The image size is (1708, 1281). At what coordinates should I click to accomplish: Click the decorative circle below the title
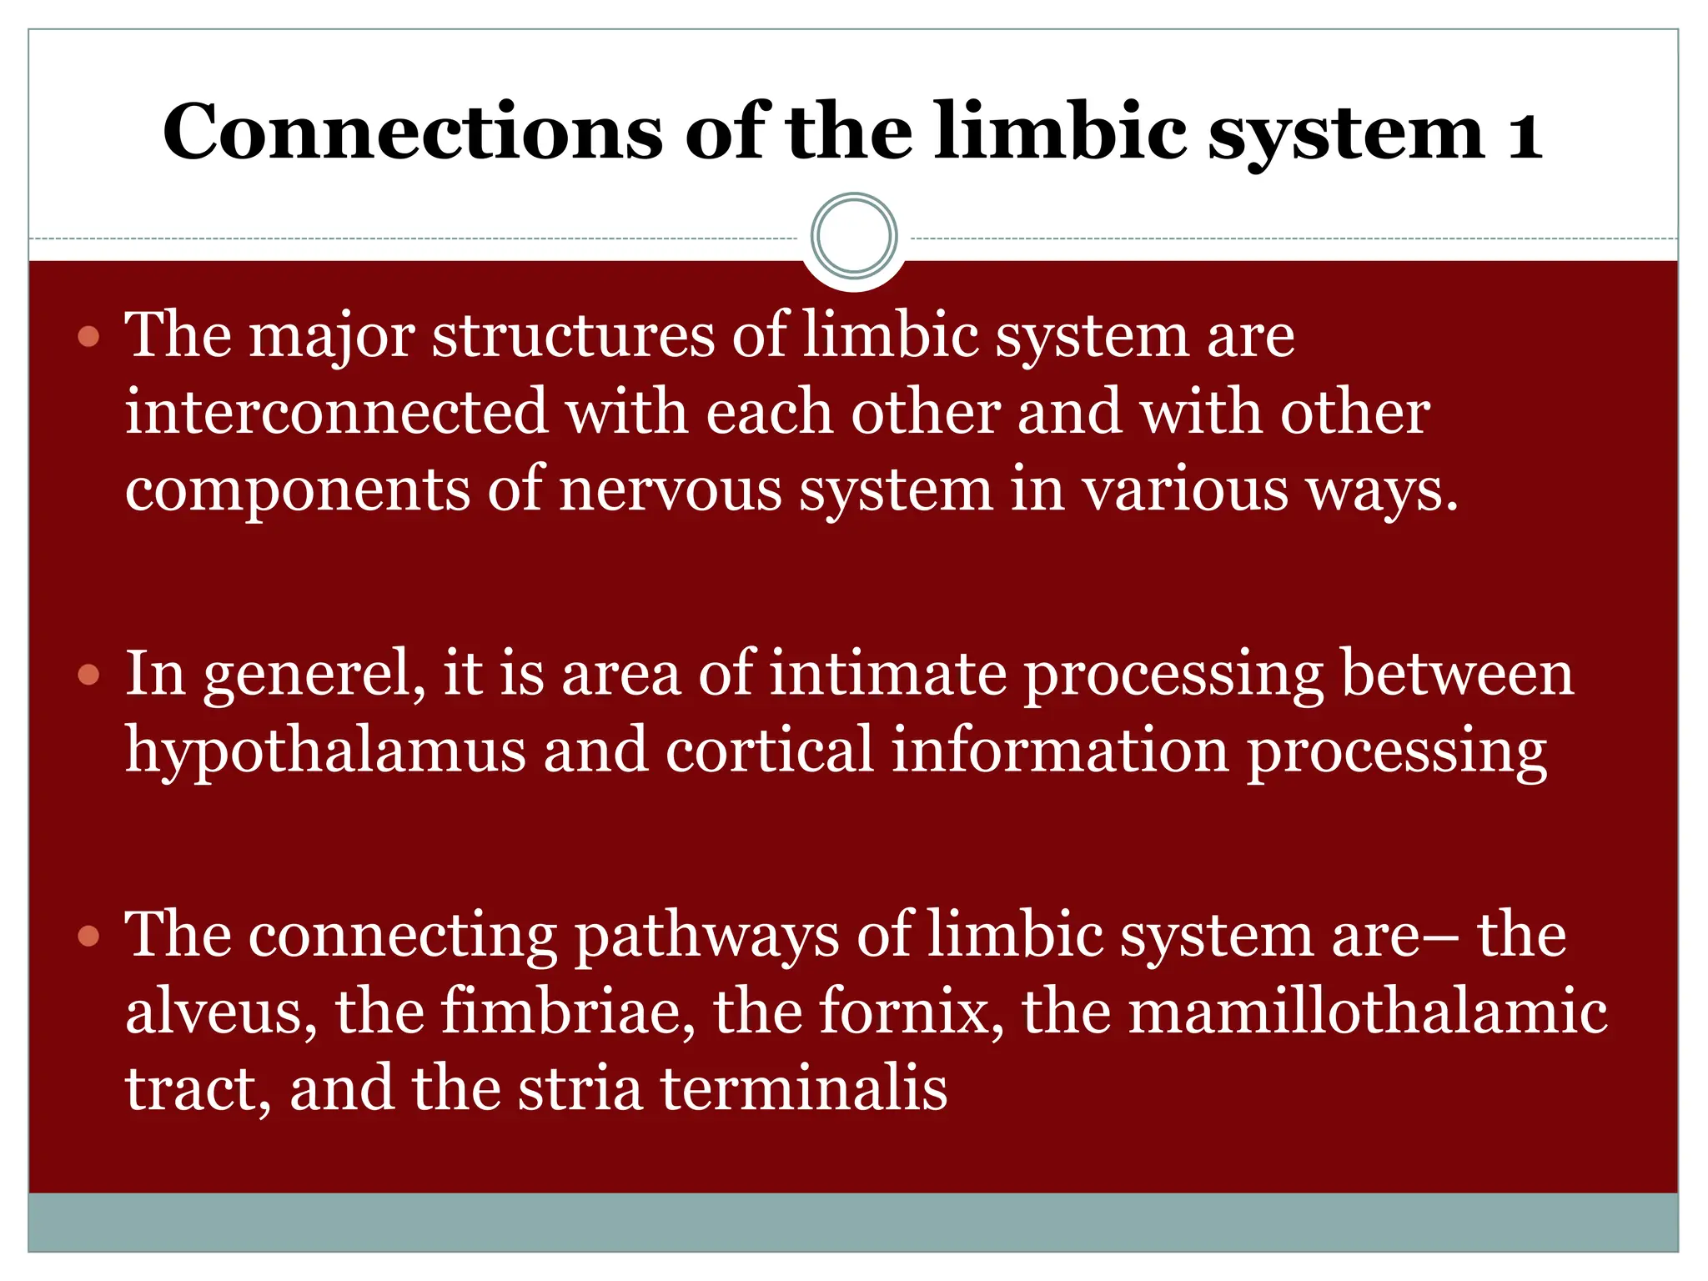(x=854, y=236)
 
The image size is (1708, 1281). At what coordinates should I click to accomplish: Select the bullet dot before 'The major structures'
(x=88, y=337)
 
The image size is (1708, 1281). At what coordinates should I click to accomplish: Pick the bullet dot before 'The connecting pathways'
(x=88, y=936)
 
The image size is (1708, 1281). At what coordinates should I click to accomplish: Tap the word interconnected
(x=336, y=413)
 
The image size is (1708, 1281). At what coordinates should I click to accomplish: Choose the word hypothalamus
(x=325, y=751)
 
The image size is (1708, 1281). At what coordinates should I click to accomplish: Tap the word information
(x=1060, y=749)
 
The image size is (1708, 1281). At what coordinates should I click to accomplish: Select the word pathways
(x=707, y=936)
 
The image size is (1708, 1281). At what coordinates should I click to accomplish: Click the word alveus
(x=221, y=1012)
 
